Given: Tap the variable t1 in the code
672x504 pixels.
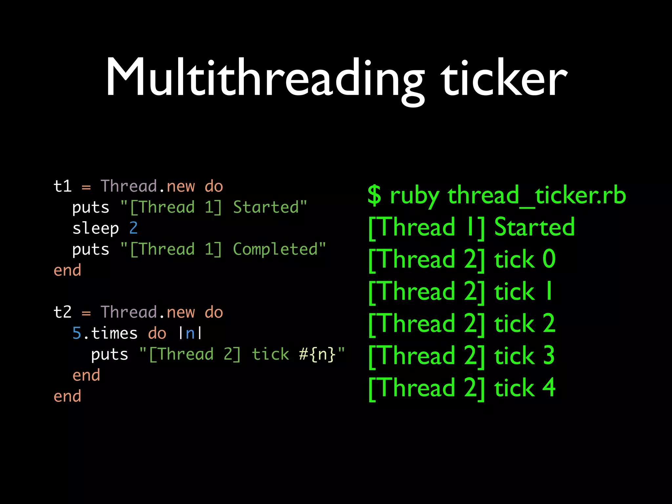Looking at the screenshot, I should (62, 186).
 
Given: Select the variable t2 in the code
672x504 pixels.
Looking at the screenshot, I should (62, 312).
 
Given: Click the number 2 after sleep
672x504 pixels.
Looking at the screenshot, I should (133, 228).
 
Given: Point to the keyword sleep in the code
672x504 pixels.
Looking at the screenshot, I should (95, 228).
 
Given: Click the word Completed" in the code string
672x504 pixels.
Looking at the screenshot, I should (279, 249).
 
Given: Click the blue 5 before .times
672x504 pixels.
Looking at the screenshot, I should (77, 333).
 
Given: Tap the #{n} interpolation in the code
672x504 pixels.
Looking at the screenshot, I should (317, 354).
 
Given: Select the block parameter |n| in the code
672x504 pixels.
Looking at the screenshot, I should (190, 333).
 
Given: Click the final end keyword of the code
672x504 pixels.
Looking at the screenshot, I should (67, 396).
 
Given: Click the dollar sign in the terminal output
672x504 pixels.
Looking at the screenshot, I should (374, 195).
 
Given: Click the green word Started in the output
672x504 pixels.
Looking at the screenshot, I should (534, 227).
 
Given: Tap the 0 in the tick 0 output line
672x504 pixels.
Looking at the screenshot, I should (549, 259).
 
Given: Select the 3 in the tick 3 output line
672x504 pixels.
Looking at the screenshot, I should (549, 356).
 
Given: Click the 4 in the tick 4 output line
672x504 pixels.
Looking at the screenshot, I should (549, 388).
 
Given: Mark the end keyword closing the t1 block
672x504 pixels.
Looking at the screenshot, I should (67, 270).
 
